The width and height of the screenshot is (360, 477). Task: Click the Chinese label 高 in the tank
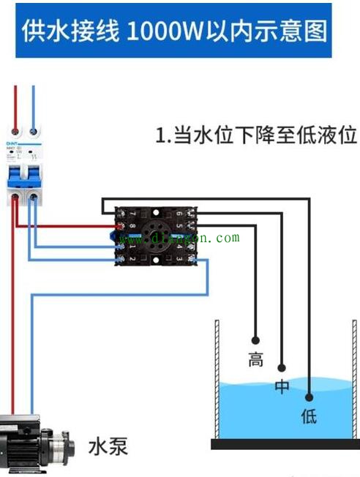pyautogui.click(x=255, y=360)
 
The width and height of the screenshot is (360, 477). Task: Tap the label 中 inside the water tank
pyautogui.click(x=282, y=388)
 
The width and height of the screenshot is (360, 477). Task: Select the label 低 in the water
pyautogui.click(x=309, y=417)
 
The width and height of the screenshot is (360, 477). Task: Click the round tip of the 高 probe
pyautogui.click(x=255, y=340)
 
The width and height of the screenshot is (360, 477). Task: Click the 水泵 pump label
pyautogui.click(x=108, y=446)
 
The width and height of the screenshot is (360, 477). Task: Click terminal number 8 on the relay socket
pyautogui.click(x=132, y=226)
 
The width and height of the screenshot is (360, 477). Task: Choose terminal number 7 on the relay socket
pyautogui.click(x=132, y=214)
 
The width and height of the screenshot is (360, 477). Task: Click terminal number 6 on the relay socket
pyautogui.click(x=179, y=214)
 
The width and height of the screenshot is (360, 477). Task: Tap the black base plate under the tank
pyautogui.click(x=285, y=443)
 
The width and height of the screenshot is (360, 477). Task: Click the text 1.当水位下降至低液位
pyautogui.click(x=256, y=136)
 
